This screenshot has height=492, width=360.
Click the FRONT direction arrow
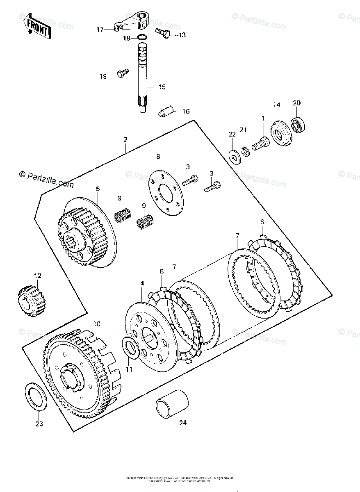click(x=37, y=27)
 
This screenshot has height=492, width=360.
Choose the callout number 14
click(x=277, y=105)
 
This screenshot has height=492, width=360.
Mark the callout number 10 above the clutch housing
click(x=96, y=324)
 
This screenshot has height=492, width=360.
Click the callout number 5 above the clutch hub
click(x=98, y=189)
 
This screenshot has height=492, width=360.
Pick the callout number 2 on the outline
click(x=125, y=139)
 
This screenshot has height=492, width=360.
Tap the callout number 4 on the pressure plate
click(x=142, y=283)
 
